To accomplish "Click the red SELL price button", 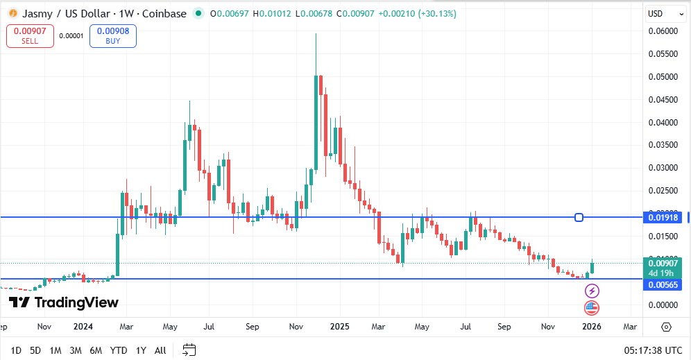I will [x=30, y=35].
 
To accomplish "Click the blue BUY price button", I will [x=112, y=35].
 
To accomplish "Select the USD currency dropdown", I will [x=659, y=13].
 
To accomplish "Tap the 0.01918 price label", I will [x=663, y=217].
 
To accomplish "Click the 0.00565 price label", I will [x=663, y=284].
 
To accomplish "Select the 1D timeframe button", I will [x=16, y=350].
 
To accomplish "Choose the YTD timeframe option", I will [x=119, y=350].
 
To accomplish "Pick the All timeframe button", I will [x=160, y=350].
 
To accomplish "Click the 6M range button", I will [x=96, y=350].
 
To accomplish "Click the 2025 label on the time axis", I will [x=340, y=326].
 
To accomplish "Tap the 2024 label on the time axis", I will [x=83, y=326].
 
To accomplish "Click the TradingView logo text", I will [x=64, y=302].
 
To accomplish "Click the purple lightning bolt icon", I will [x=592, y=291].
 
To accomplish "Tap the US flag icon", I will [x=592, y=307].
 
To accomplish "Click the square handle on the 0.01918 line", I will [x=579, y=217].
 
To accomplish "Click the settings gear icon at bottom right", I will [x=666, y=327].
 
